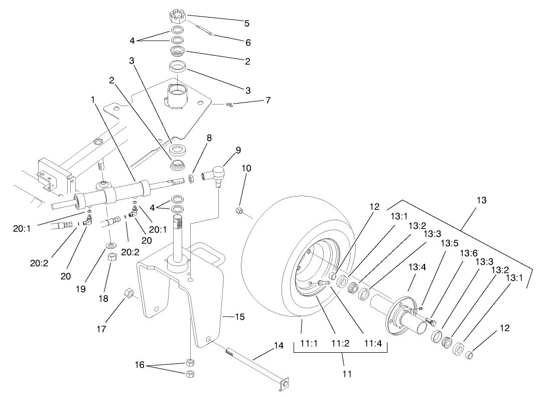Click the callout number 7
(x=268, y=100)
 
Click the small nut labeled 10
(x=240, y=210)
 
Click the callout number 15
(x=239, y=317)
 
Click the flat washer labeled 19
(x=109, y=246)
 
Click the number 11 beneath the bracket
(x=343, y=374)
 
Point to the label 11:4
(x=373, y=345)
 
